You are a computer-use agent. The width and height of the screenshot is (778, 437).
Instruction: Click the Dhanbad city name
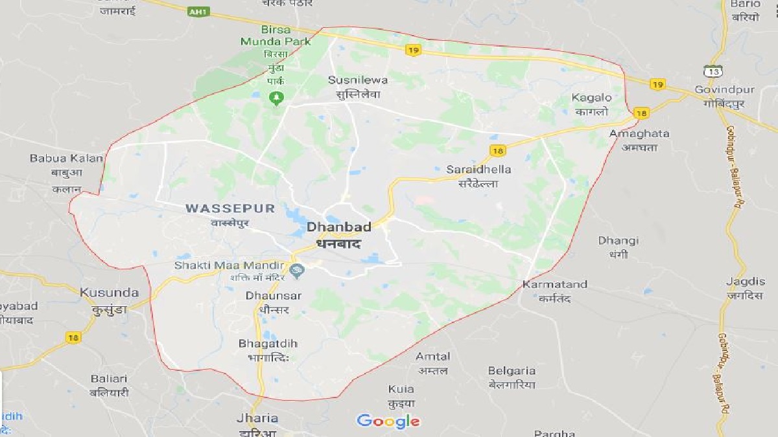tap(338, 227)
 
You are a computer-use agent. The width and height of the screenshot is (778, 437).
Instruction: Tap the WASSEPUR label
tap(230, 208)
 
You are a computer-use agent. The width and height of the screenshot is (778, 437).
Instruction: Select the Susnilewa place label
tap(358, 80)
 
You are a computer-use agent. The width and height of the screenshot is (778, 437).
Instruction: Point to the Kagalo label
tap(591, 98)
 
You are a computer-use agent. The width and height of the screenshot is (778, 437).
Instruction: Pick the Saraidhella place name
tap(478, 170)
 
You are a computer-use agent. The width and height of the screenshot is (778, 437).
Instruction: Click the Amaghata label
tap(639, 133)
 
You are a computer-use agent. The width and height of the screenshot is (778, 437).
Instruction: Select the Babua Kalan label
tap(66, 158)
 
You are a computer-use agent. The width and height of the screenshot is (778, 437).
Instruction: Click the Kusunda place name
tap(109, 292)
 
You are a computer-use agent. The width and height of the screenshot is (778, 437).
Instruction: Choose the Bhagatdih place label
tap(268, 343)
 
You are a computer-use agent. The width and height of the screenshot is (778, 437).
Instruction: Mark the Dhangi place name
tap(618, 241)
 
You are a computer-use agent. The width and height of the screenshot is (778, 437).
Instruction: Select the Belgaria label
tap(512, 371)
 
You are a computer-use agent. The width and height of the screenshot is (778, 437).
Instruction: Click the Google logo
tap(388, 421)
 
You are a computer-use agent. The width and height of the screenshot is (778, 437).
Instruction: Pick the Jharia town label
tap(257, 418)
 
